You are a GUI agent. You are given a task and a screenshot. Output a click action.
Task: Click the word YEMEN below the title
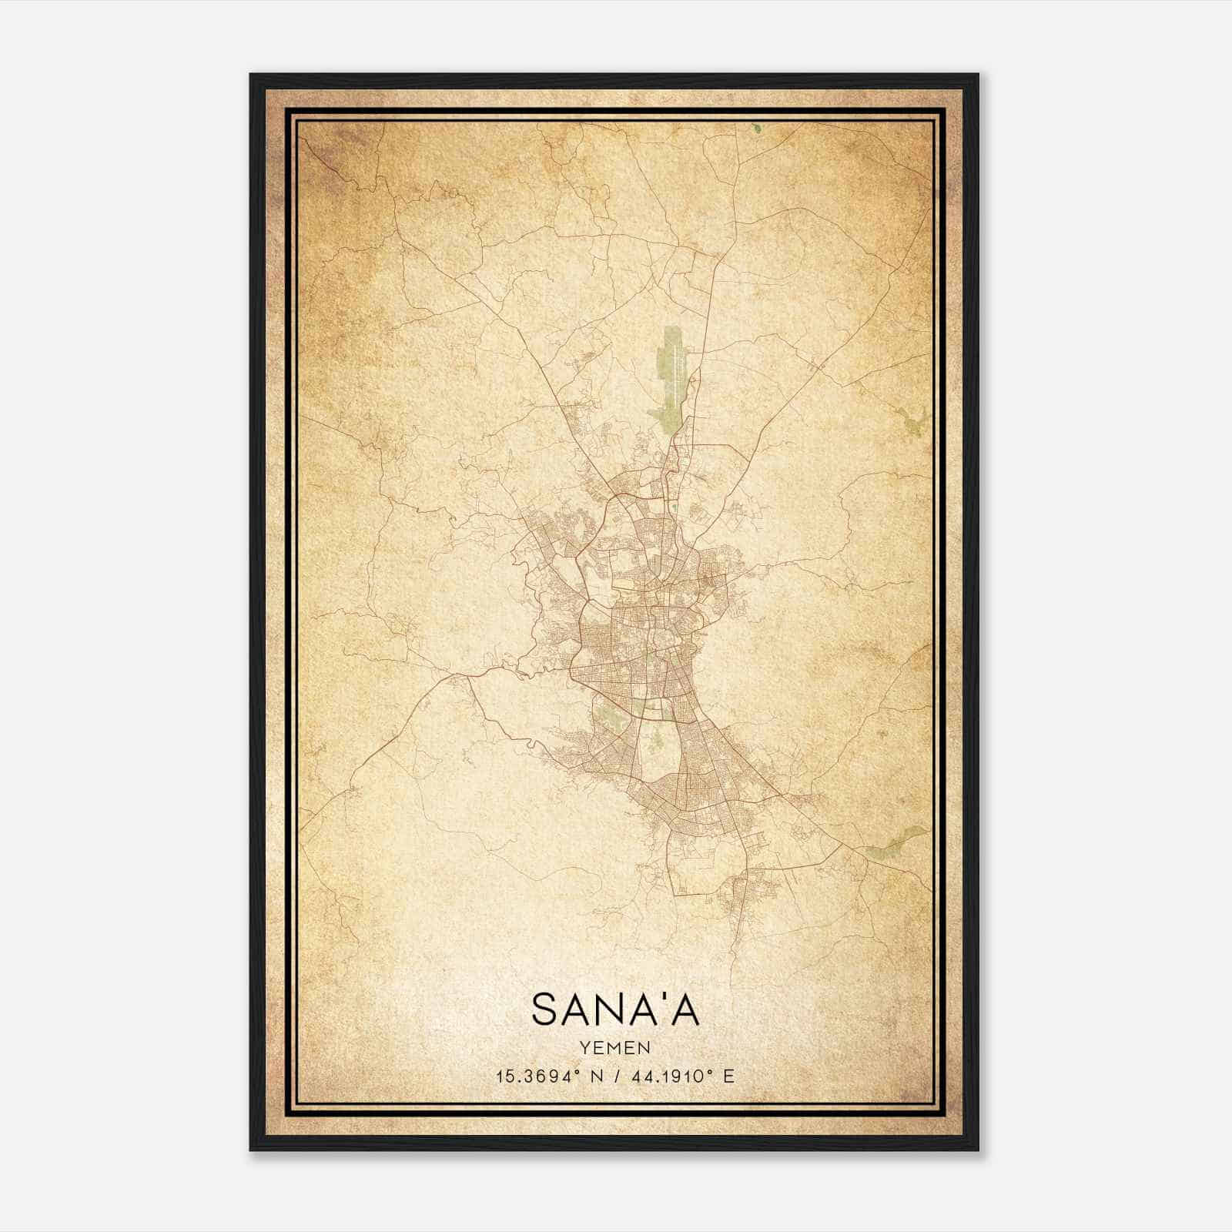[x=615, y=1047]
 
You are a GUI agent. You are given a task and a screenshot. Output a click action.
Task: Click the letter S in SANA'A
[x=545, y=1009]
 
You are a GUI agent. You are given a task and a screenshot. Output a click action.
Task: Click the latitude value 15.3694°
[x=537, y=1076]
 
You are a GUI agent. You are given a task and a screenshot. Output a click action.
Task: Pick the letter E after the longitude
[x=728, y=1076]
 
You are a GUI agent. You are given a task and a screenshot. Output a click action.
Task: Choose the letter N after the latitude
[x=593, y=1076]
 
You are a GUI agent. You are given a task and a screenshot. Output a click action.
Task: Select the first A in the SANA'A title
[x=578, y=1009]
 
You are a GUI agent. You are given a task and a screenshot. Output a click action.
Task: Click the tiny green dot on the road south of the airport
[x=671, y=507]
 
